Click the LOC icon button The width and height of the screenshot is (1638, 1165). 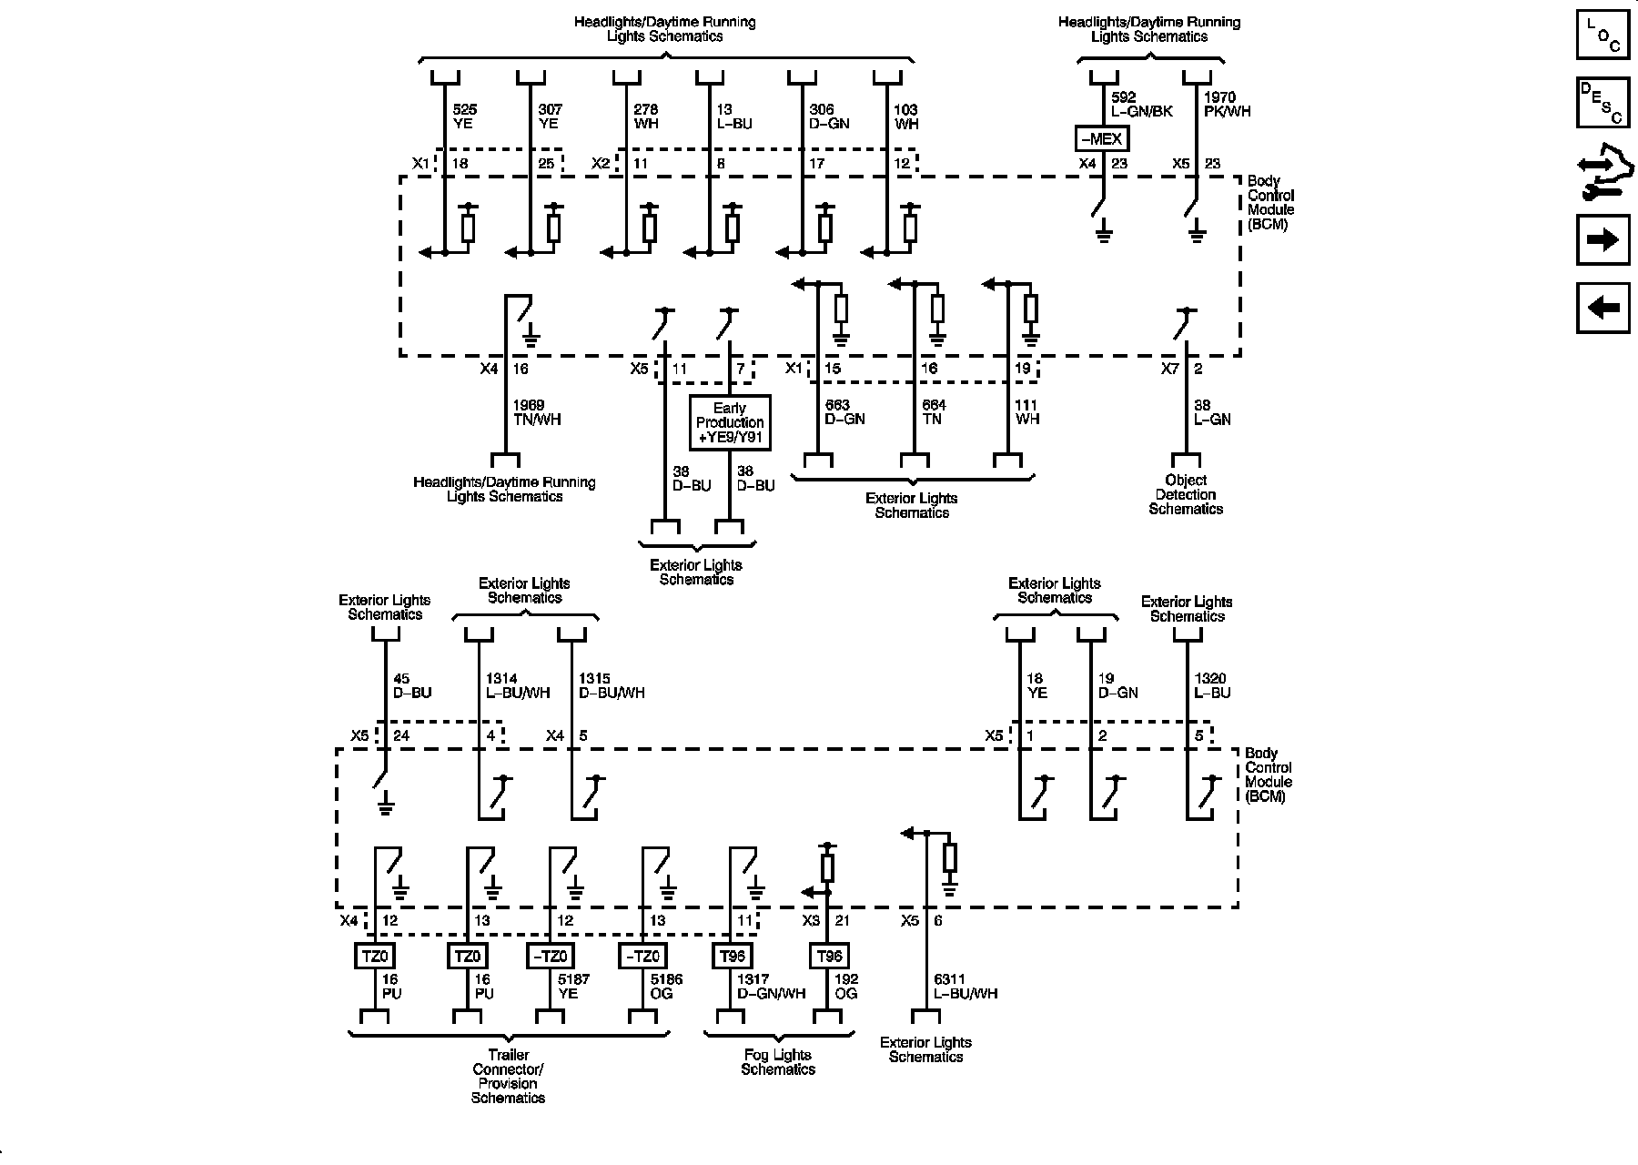coord(1603,35)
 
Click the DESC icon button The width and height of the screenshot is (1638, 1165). coord(1603,102)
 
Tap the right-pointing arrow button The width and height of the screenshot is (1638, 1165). coord(1603,239)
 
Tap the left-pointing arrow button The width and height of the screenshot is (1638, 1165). coord(1603,309)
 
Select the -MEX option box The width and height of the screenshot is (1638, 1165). coord(1102,139)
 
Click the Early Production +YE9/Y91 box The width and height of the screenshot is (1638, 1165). coord(730,422)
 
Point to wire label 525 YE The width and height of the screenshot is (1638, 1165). coord(464,116)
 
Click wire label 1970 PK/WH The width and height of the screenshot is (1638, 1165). coord(1227,104)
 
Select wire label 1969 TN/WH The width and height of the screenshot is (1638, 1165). coord(537,412)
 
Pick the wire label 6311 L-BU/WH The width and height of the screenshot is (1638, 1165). coord(966,987)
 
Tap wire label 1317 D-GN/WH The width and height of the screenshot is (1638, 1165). coord(771,987)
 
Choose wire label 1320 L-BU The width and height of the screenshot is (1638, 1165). coord(1212,685)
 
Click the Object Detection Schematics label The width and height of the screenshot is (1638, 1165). coord(1185,494)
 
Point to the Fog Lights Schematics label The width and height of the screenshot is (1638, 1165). coord(778,1062)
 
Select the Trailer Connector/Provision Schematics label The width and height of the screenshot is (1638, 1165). coord(508,1077)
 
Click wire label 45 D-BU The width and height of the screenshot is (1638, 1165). coord(411,685)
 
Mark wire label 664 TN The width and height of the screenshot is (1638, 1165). coord(933,412)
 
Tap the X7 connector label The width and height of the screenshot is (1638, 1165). coord(1170,369)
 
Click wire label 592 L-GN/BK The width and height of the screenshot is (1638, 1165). coord(1141,104)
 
